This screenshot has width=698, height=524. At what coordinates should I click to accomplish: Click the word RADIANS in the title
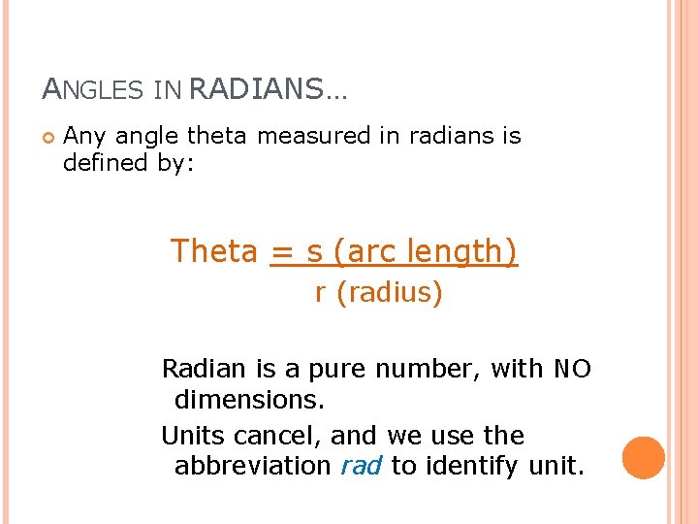pos(256,89)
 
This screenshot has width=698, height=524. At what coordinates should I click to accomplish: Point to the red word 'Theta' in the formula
pos(214,251)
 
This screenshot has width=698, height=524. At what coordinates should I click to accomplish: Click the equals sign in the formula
pos(282,252)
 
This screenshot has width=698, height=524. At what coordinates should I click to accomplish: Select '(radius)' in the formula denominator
pos(390,293)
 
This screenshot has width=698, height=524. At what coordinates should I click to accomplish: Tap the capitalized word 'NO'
pos(572,370)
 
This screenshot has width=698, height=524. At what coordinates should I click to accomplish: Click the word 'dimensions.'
pos(249,400)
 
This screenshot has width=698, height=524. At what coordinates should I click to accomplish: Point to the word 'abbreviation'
pos(252,466)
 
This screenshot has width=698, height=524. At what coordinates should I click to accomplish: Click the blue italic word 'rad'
pos(362,466)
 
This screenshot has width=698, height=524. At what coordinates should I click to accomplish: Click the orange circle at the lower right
pos(644,457)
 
